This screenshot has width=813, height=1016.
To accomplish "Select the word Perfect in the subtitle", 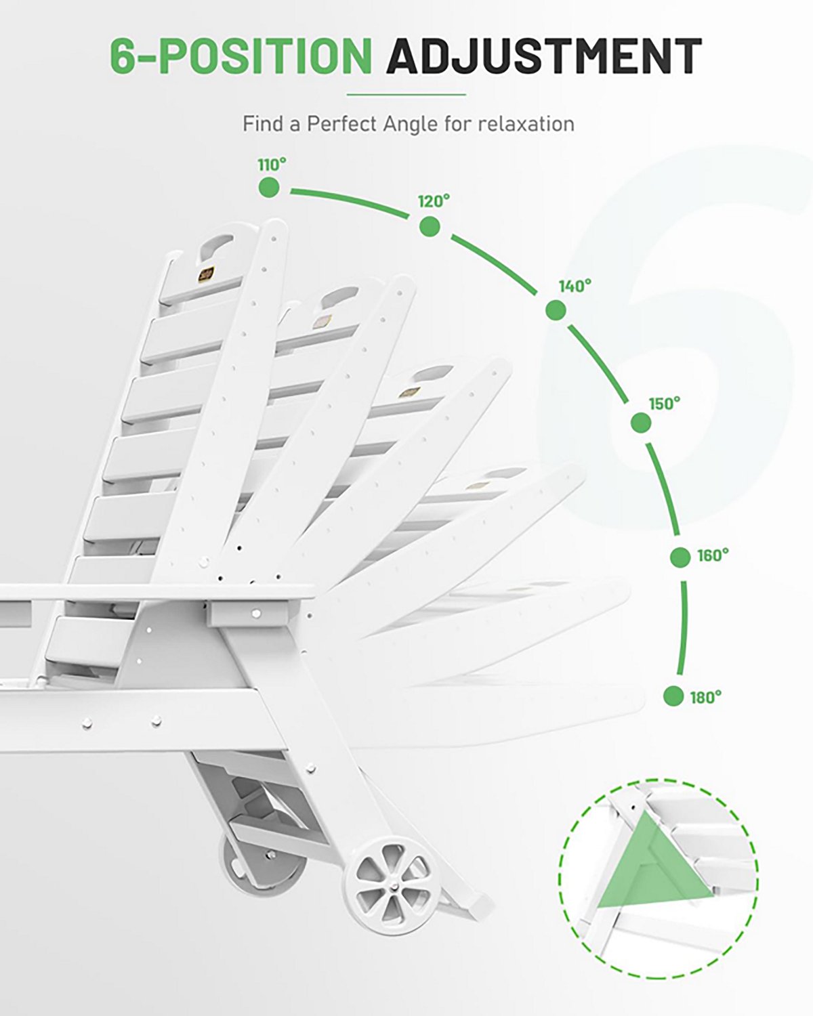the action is [x=343, y=125].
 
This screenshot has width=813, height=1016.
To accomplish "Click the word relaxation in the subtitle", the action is [x=526, y=124].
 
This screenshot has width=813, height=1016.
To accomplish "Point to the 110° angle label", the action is [x=272, y=165].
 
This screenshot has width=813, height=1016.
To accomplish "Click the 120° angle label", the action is [x=434, y=202].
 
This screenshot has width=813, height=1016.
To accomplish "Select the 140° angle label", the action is [x=575, y=286].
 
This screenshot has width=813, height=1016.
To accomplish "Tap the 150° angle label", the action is [x=665, y=404].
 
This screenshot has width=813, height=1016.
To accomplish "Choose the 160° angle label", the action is [x=713, y=555].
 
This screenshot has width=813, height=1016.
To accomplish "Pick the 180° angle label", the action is [x=706, y=698].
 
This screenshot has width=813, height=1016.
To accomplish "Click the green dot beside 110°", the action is [x=269, y=188].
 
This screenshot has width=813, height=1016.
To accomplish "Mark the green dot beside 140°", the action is [x=556, y=310].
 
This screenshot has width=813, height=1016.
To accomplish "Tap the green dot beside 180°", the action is [x=673, y=696].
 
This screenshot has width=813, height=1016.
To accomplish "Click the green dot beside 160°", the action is [x=681, y=557].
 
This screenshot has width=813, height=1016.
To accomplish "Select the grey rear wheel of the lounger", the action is [x=262, y=867].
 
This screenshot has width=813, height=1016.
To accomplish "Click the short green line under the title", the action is [x=406, y=95].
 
